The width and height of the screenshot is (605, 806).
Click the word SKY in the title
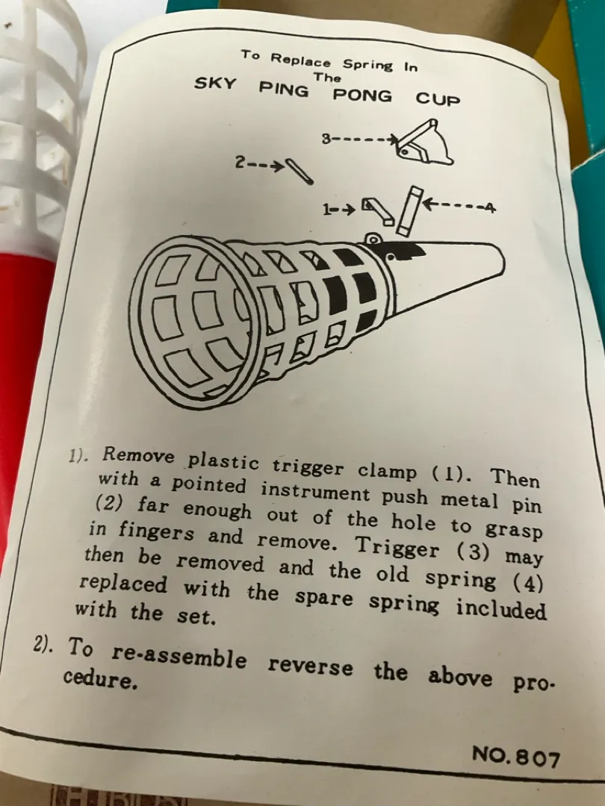point(215,84)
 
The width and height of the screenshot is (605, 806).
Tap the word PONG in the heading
point(362,96)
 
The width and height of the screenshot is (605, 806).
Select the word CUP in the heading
point(438,99)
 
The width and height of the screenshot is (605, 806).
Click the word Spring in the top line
point(367,65)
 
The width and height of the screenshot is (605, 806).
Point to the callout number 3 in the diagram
point(326,138)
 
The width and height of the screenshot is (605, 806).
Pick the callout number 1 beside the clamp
point(327,209)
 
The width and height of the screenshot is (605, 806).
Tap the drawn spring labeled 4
point(409,210)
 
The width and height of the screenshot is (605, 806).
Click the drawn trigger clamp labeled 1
point(378,210)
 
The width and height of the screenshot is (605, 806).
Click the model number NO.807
point(516,756)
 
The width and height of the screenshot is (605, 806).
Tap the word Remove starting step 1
point(138,455)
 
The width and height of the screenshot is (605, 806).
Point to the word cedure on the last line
point(101,679)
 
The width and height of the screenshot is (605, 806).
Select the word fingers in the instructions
point(156,531)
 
